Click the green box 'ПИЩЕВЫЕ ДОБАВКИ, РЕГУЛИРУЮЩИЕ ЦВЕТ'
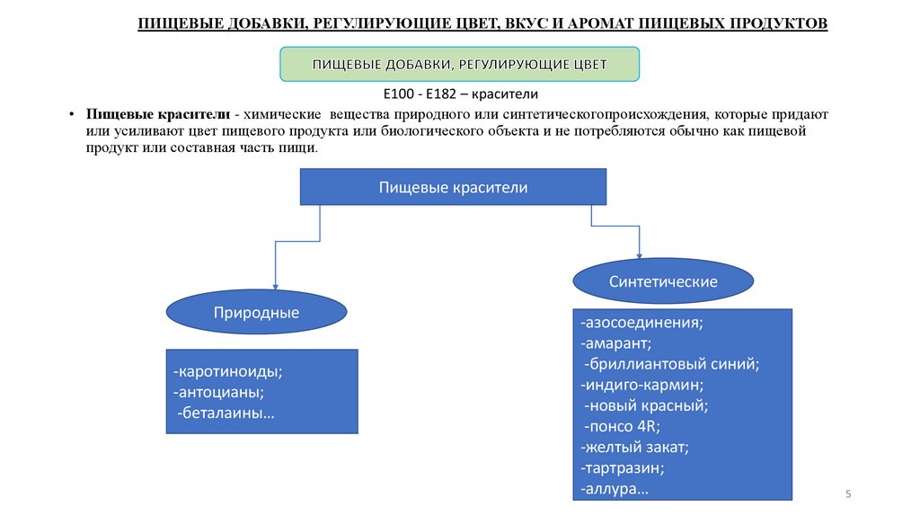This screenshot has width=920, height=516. pos(460,65)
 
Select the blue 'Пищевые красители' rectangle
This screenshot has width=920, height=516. pos(453,188)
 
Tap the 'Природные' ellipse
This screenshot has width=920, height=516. pos(256,313)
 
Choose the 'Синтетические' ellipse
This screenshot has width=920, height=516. pos(663,281)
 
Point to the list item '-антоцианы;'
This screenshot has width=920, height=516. pos(219,392)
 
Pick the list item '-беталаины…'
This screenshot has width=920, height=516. pos(226,414)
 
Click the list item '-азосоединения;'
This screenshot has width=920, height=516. pos(641,322)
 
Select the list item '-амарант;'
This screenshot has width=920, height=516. pos(616,343)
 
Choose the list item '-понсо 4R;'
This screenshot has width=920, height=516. pos(622,426)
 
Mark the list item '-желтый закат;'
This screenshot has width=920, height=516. pos(634,447)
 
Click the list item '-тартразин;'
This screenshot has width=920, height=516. pos(623,468)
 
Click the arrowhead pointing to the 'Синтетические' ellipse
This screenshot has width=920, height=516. pos(640,257)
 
